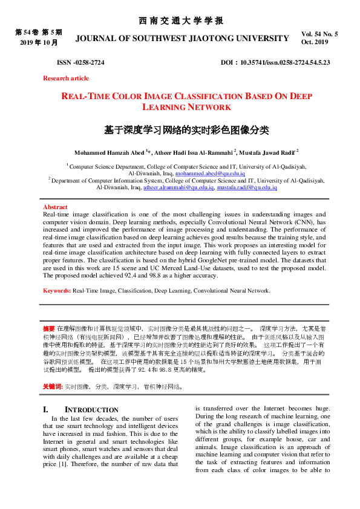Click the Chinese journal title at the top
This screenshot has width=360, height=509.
(x=180, y=21)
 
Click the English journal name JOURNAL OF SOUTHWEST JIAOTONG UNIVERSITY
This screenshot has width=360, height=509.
(x=182, y=38)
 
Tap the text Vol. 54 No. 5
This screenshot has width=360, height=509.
(x=319, y=34)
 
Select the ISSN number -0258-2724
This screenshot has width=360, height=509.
(x=80, y=62)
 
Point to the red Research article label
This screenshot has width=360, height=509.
(x=65, y=78)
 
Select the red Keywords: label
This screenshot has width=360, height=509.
(x=57, y=290)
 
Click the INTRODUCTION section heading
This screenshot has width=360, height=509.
(x=91, y=410)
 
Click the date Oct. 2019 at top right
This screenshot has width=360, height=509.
(x=314, y=42)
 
